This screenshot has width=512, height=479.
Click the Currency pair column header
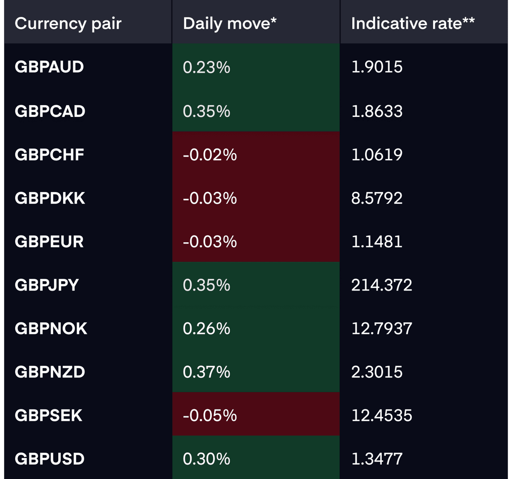click(x=68, y=24)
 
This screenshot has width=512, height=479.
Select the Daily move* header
click(x=230, y=24)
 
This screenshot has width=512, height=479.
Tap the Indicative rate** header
click(x=413, y=24)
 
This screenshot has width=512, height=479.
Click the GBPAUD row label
click(x=49, y=67)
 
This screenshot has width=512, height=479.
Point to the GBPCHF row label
click(x=49, y=154)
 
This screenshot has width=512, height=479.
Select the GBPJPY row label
click(x=47, y=285)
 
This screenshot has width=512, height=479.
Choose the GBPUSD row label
click(x=50, y=459)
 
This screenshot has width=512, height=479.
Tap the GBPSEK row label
click(x=48, y=415)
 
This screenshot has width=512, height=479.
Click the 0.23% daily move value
click(x=206, y=67)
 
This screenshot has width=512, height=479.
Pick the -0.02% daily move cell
click(x=209, y=155)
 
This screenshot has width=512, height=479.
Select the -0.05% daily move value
click(x=209, y=416)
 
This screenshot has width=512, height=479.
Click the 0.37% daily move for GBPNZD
click(x=206, y=372)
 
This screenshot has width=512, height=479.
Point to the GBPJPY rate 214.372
click(x=382, y=285)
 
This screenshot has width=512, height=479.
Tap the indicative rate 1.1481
click(x=377, y=242)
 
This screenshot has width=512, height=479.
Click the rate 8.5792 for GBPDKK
click(x=377, y=198)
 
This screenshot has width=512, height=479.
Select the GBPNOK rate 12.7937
click(x=382, y=329)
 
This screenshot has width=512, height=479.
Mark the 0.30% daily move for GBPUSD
click(x=206, y=459)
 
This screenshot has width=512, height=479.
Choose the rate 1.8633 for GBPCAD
click(x=377, y=111)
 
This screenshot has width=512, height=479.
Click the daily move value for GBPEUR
click(x=209, y=242)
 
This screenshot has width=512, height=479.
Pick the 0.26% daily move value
click(x=206, y=329)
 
